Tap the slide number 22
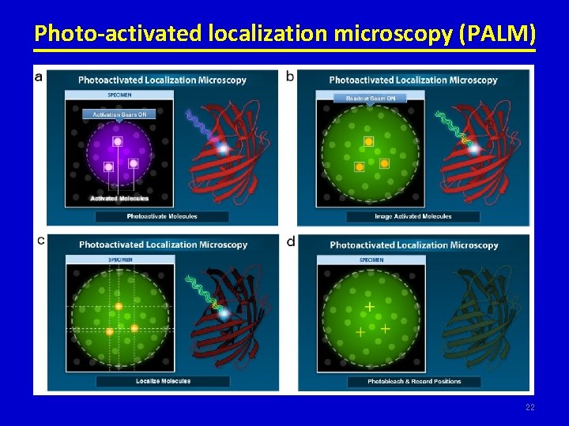point(529,407)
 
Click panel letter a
point(40,77)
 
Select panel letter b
point(290,77)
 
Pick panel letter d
point(291,241)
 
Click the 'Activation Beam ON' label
point(119,114)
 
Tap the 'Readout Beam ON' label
point(371,99)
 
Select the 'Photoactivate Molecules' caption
point(162,215)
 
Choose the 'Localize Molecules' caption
point(163,381)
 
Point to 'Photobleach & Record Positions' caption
point(414,382)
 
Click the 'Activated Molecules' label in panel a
point(119,198)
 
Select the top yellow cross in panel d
point(369,306)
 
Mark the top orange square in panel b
point(368,141)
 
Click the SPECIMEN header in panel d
point(371,260)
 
